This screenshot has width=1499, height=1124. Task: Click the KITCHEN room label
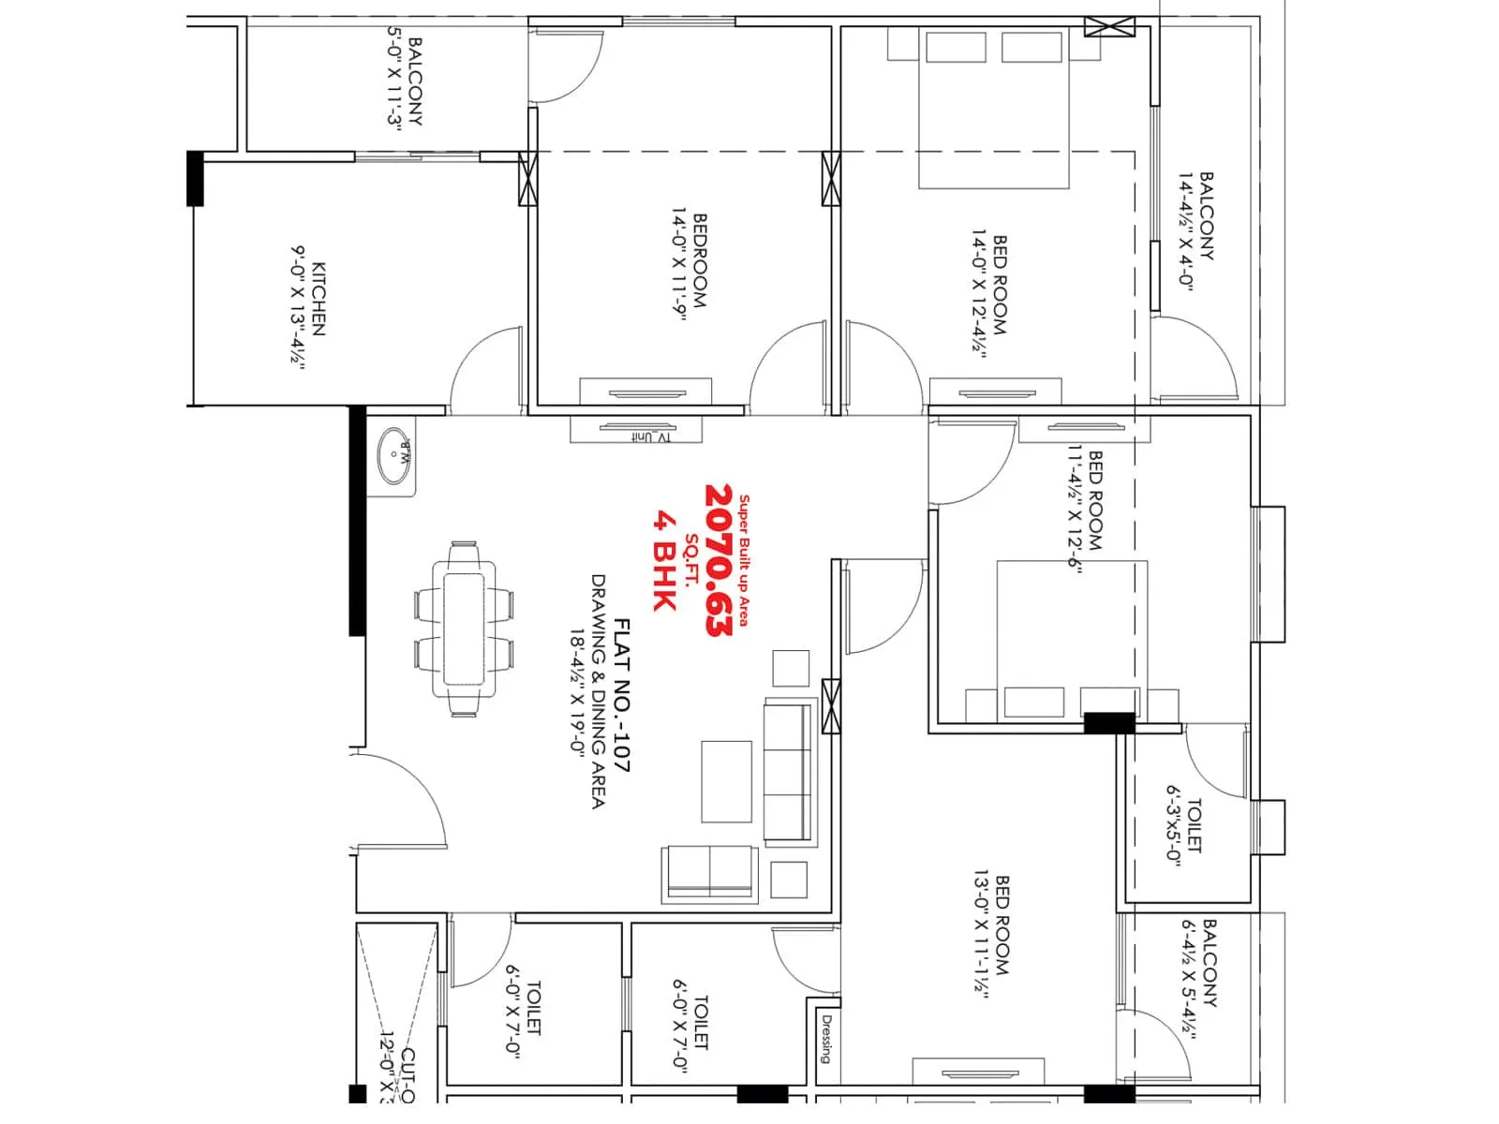[x=319, y=299]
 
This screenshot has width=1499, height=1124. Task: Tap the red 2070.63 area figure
[x=719, y=560]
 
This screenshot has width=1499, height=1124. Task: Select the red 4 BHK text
[x=664, y=560]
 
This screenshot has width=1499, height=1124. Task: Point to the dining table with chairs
[x=464, y=629]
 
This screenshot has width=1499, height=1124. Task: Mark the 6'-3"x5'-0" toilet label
[x=1173, y=825]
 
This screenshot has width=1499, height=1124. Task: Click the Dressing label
[x=825, y=1039]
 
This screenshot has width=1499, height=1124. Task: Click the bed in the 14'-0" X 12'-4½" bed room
[x=993, y=108]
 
